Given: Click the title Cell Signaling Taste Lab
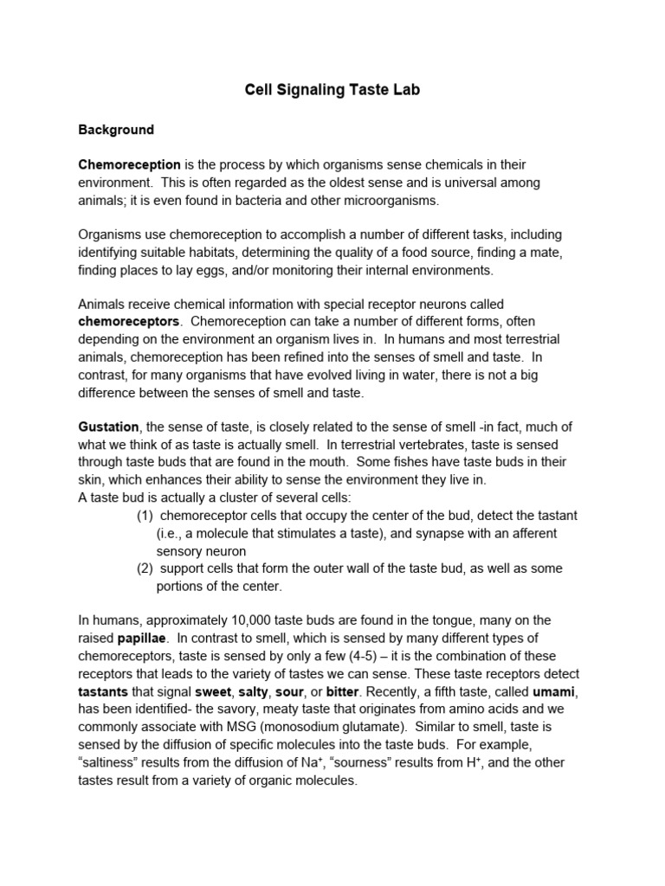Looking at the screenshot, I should click(332, 90).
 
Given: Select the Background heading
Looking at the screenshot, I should click(116, 130).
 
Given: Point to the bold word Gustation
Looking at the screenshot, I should click(108, 427).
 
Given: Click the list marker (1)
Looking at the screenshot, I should click(145, 516).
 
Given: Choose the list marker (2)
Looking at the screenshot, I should click(145, 568).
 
